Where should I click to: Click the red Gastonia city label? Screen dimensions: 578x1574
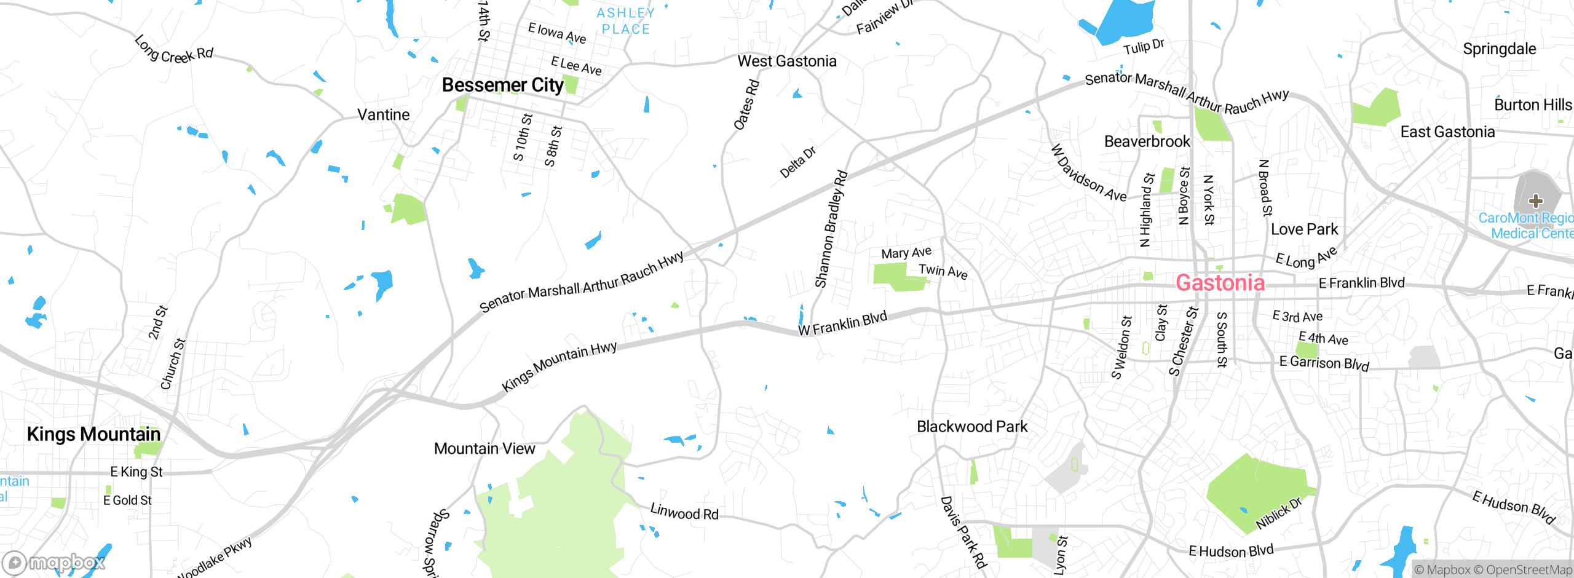click(1220, 283)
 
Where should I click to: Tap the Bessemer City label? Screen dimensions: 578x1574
click(502, 85)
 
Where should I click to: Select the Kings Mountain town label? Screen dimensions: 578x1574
click(93, 434)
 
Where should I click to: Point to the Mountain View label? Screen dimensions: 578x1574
click(484, 449)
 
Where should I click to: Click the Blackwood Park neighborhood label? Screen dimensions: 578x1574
click(972, 427)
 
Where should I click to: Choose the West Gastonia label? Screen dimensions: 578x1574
click(787, 61)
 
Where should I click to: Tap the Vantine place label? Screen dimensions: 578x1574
click(383, 115)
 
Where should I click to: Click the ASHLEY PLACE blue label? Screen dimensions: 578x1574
click(625, 21)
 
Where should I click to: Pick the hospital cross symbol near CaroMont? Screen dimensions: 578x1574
click(1535, 200)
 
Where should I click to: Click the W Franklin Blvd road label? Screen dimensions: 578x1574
click(842, 323)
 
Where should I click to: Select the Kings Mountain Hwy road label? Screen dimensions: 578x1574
click(559, 366)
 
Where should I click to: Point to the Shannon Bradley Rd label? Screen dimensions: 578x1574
click(831, 229)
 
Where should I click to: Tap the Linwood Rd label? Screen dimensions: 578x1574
click(684, 512)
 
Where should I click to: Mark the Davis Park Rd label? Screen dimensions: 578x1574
click(963, 532)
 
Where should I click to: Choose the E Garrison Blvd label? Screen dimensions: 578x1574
click(1324, 363)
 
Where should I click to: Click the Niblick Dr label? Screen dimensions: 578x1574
click(1278, 513)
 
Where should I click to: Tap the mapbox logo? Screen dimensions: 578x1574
click(54, 562)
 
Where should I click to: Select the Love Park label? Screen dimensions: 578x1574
click(1304, 229)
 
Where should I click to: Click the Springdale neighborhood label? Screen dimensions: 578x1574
click(1499, 49)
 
